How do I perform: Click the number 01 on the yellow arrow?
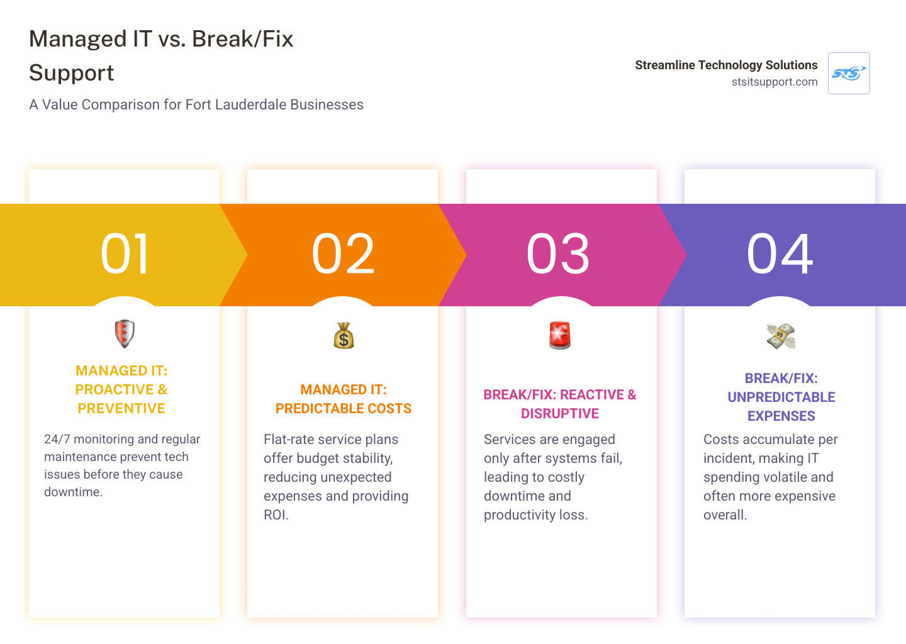(x=125, y=254)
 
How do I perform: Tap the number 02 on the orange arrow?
(x=344, y=254)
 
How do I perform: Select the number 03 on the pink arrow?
(x=559, y=254)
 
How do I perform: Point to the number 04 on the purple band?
(x=780, y=254)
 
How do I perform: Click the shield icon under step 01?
(x=125, y=334)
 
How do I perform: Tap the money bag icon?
(x=344, y=336)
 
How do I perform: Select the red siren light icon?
(x=559, y=335)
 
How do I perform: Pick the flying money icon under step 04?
(x=781, y=336)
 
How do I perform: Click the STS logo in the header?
(x=849, y=74)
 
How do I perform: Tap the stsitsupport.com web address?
(x=775, y=82)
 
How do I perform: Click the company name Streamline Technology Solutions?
(x=726, y=65)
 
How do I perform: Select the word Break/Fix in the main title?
(x=243, y=39)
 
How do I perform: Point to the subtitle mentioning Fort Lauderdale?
(x=196, y=104)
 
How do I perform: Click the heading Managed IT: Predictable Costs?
(x=344, y=399)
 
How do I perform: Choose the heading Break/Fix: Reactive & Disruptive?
(x=559, y=404)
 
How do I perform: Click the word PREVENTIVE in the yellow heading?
(x=121, y=409)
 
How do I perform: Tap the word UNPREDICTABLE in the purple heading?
(x=781, y=397)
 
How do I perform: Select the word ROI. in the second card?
(x=276, y=515)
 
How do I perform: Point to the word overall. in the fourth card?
(x=725, y=515)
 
